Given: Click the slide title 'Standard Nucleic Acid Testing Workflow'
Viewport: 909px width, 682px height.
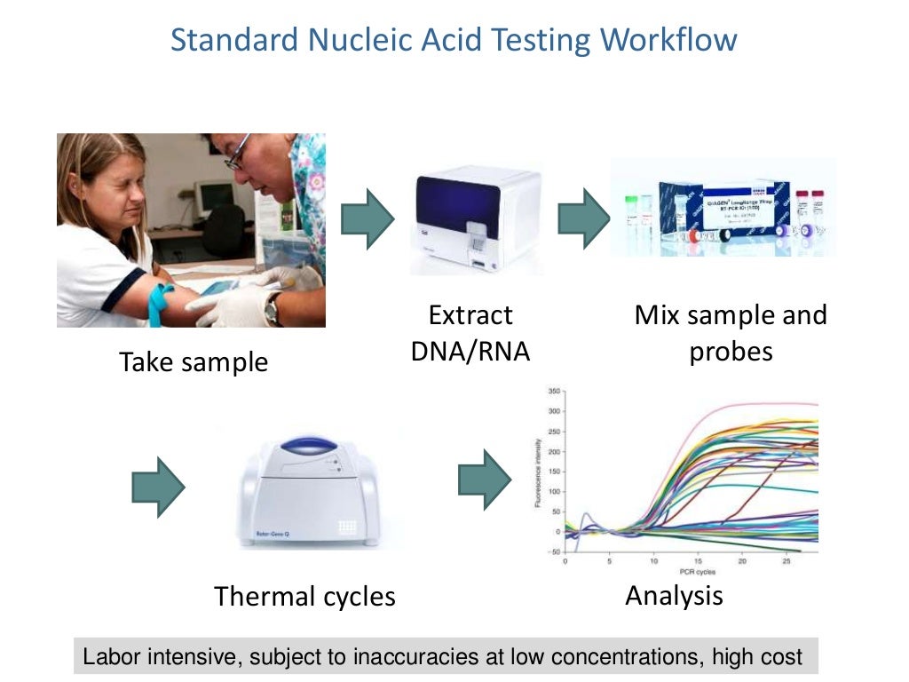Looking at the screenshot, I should [454, 40].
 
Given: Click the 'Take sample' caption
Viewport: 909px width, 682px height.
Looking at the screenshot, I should [194, 361].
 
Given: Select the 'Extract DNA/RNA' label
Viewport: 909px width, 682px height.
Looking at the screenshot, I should [470, 333].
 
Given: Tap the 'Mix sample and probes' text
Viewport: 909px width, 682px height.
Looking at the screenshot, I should [730, 333].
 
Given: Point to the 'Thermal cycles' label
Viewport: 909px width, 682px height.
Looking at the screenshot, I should [304, 596].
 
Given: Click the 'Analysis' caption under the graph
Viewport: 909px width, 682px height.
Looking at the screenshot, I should [674, 594].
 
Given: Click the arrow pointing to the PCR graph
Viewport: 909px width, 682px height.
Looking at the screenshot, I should [485, 480].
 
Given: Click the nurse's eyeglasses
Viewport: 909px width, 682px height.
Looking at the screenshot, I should [236, 155].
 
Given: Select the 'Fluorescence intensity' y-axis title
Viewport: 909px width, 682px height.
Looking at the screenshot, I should [538, 471].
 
